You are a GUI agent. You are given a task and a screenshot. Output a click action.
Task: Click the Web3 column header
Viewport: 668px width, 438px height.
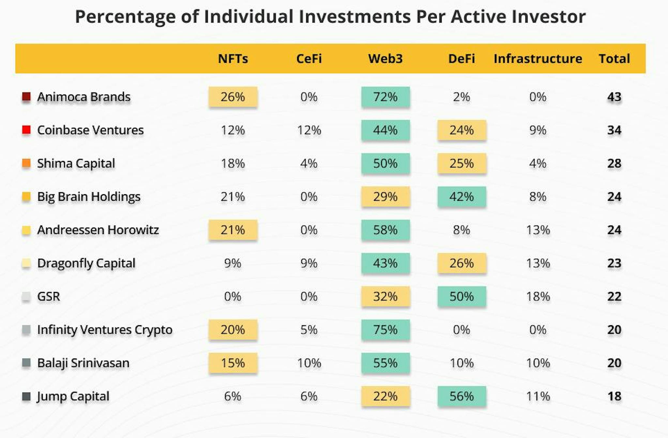point(385,59)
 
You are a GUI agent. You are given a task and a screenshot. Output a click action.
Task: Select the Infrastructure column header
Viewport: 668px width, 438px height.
point(538,59)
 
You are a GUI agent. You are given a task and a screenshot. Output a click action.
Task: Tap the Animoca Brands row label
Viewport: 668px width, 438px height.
point(84,97)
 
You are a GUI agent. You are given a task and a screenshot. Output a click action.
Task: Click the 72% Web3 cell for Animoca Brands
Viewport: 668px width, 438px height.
point(386,97)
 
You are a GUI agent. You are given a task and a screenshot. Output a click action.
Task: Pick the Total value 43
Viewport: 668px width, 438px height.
point(614,97)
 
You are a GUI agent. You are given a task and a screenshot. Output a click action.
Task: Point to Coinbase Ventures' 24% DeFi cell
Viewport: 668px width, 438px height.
point(462,130)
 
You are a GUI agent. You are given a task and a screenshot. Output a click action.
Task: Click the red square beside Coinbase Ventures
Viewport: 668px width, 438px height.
point(26,130)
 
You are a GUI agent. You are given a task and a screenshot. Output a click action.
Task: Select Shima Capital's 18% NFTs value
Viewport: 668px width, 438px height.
point(233,163)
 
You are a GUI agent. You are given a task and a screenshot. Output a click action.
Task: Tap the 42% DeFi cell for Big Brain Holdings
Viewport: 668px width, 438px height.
point(462,197)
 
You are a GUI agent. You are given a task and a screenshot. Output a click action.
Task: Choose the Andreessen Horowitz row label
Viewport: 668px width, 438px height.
point(98,230)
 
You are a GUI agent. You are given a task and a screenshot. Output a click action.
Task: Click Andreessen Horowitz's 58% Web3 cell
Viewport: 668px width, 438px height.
point(386,230)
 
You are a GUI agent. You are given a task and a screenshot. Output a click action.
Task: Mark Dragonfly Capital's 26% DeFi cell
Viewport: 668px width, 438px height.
point(462,263)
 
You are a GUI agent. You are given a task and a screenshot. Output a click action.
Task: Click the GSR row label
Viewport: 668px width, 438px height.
point(49,296)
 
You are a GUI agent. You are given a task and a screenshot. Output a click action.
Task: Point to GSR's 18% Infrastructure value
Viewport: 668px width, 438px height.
point(538,296)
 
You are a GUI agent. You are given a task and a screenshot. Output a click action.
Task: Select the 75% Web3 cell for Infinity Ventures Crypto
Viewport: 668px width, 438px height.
point(386,329)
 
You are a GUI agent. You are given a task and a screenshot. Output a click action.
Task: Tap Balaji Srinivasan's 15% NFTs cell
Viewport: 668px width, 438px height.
point(233,363)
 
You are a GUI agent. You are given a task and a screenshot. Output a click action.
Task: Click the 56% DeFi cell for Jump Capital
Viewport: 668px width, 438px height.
point(462,396)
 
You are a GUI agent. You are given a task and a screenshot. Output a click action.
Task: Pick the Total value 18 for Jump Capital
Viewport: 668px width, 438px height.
point(614,396)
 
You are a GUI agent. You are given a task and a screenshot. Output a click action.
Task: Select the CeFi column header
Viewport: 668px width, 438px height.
point(309,59)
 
